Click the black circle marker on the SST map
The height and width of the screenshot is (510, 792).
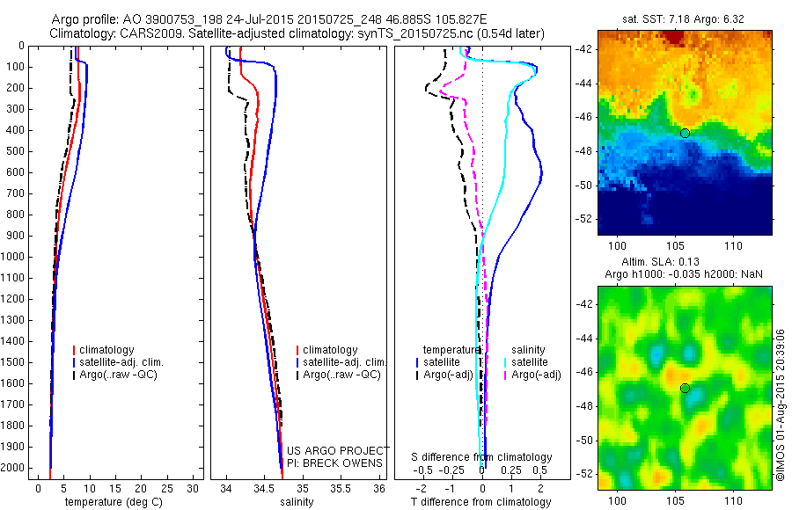point(685,133)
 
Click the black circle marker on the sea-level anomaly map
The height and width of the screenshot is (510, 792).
point(685,388)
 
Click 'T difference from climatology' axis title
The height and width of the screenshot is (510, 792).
point(480,502)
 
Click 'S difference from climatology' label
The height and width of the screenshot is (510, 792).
point(482,457)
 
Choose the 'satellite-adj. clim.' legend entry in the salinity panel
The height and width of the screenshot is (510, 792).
point(342,362)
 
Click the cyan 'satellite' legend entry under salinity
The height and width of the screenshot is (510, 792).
point(532,362)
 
